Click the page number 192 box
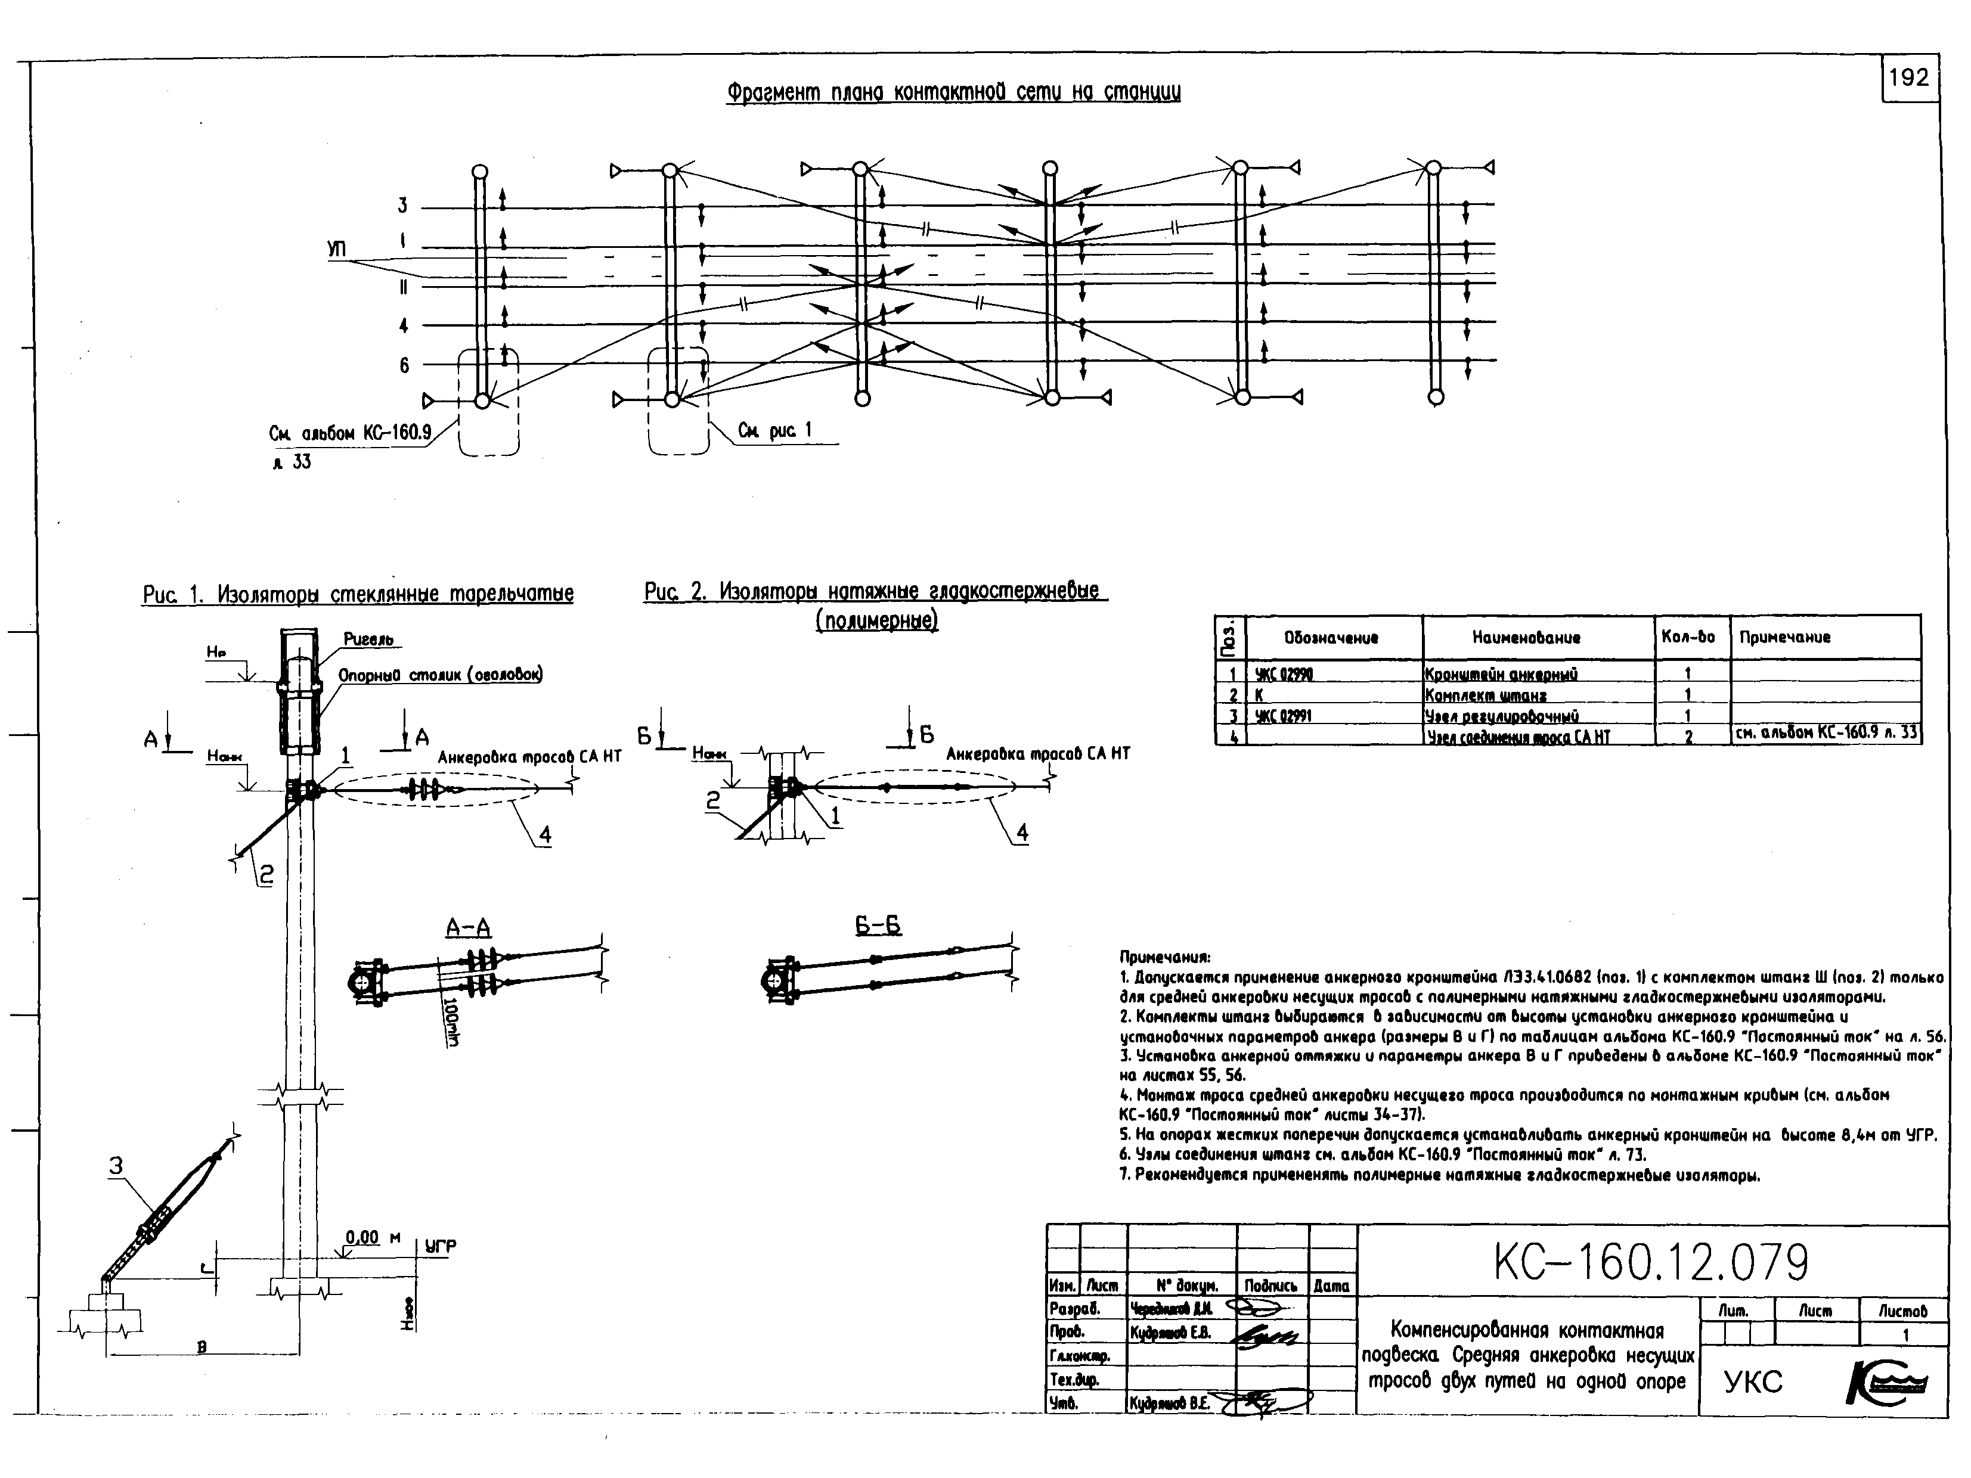[1908, 79]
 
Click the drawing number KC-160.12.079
[1651, 1262]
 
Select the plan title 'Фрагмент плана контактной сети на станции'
[953, 92]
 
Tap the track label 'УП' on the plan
[337, 250]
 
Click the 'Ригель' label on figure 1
[368, 639]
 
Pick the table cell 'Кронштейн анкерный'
[1501, 675]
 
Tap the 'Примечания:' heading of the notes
[1164, 958]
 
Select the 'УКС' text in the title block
[1753, 1382]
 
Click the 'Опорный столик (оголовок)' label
[440, 675]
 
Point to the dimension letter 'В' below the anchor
[202, 1347]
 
